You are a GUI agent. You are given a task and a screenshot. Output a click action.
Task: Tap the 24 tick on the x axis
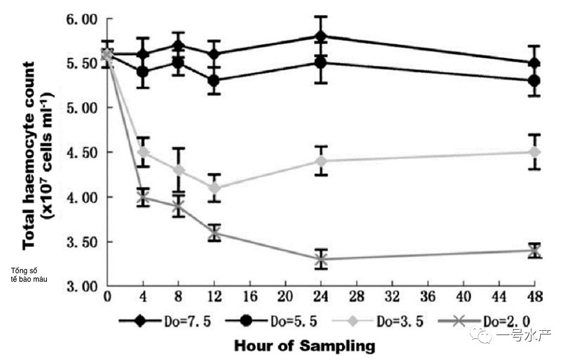coord(321,298)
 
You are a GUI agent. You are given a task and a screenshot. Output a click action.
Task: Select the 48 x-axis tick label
coord(534,298)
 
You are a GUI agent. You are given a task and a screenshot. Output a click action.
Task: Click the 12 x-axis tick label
coord(214,298)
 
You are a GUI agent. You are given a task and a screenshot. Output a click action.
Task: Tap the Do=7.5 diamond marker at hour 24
coord(321,36)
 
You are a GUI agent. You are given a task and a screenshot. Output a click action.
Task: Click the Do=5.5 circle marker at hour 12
coord(214,81)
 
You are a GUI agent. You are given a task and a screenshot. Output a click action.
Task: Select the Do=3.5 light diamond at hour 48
coord(534,152)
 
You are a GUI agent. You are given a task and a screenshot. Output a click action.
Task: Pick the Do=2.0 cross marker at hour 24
coord(321,259)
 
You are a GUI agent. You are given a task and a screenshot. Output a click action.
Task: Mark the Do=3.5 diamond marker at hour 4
coord(143,152)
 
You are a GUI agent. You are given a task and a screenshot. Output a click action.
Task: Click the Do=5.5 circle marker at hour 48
coord(534,81)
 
